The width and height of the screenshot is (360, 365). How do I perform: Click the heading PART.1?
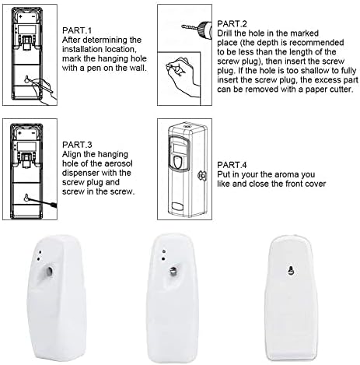coord(77,30)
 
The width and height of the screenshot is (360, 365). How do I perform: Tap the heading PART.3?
coord(77,145)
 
